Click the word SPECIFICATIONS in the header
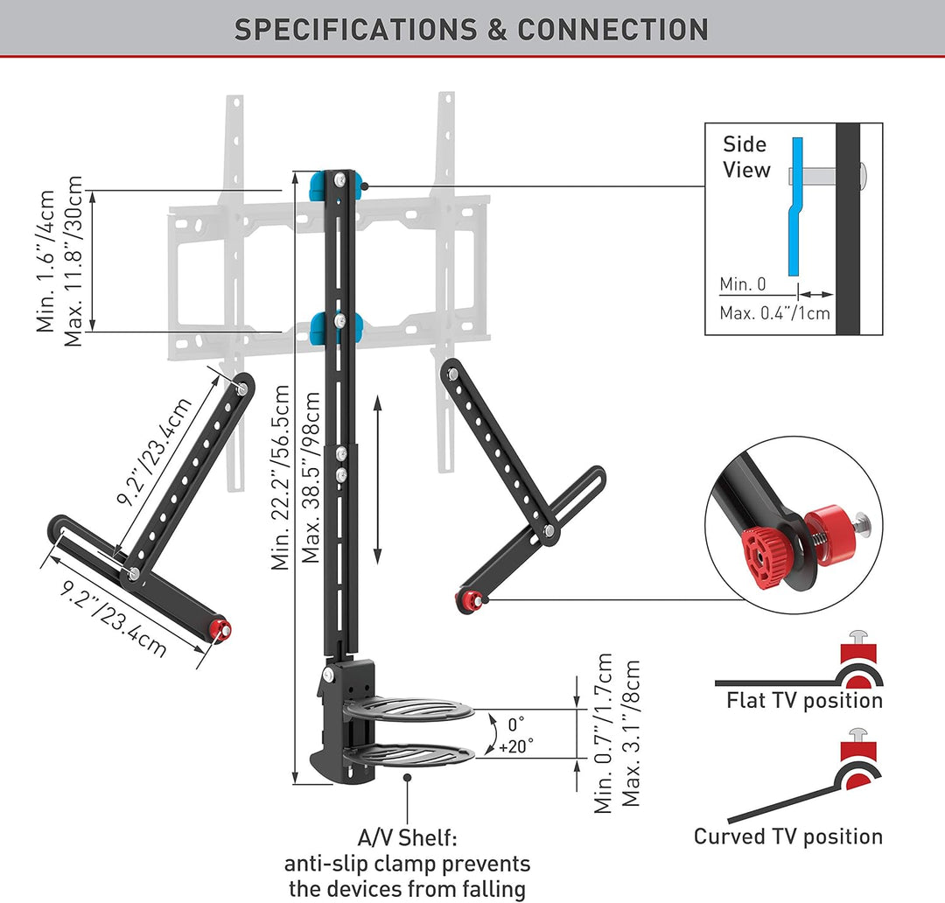355,30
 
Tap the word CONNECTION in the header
612,30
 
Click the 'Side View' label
746,157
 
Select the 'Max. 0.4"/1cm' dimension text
774,313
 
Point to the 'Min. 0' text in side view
743,283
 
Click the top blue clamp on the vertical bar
335,185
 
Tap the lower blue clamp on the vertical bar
336,327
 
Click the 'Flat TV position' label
804,701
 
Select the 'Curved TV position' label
788,836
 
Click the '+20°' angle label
516,746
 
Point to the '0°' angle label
516,724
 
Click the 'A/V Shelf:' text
407,838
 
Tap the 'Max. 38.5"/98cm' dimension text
311,478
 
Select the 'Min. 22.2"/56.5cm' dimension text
281,478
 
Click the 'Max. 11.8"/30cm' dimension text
73,261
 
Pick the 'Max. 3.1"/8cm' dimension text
631,733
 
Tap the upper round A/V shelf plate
408,710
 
